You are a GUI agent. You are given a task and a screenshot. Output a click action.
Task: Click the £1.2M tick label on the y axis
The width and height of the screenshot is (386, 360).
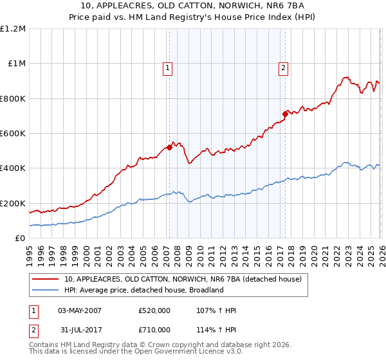click(x=13, y=29)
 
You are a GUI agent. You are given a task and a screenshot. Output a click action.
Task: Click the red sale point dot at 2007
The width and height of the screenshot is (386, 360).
click(x=169, y=147)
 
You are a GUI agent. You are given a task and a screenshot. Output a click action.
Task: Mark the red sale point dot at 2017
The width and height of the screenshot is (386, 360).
click(x=285, y=114)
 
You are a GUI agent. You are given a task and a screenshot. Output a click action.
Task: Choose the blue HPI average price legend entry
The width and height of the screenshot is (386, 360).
click(x=143, y=291)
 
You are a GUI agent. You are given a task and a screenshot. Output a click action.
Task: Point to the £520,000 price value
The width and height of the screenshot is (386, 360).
click(x=154, y=311)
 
